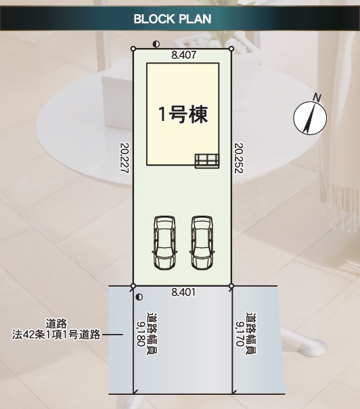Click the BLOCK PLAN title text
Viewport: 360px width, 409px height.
pyautogui.click(x=173, y=19)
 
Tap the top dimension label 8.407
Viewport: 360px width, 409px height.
pyautogui.click(x=183, y=55)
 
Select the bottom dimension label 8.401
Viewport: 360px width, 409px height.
pyautogui.click(x=183, y=292)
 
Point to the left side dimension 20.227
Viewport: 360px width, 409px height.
pyautogui.click(x=125, y=158)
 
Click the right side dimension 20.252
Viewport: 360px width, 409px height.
pyautogui.click(x=239, y=158)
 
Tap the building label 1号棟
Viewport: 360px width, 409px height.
pyautogui.click(x=183, y=114)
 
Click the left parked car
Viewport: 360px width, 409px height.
pyautogui.click(x=164, y=243)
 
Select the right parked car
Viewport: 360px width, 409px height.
pyautogui.click(x=202, y=243)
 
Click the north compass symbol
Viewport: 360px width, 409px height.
pyautogui.click(x=310, y=118)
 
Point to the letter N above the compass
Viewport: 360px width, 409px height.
pyautogui.click(x=317, y=98)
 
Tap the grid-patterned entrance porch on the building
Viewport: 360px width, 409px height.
pyautogui.click(x=207, y=161)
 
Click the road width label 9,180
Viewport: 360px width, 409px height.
pyautogui.click(x=141, y=333)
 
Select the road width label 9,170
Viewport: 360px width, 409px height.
pyautogui.click(x=240, y=333)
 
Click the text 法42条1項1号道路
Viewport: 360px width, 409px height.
pyautogui.click(x=56, y=335)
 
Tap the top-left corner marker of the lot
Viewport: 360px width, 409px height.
pyautogui.click(x=133, y=49)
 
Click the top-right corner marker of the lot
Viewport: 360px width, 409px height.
pyautogui.click(x=231, y=49)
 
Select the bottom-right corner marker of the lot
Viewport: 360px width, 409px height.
pyautogui.click(x=231, y=286)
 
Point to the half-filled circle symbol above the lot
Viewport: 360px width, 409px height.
pyautogui.click(x=156, y=45)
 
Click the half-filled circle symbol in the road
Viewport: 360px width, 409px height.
pyautogui.click(x=139, y=297)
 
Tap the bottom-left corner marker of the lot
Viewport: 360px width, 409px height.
pyautogui.click(x=133, y=286)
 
